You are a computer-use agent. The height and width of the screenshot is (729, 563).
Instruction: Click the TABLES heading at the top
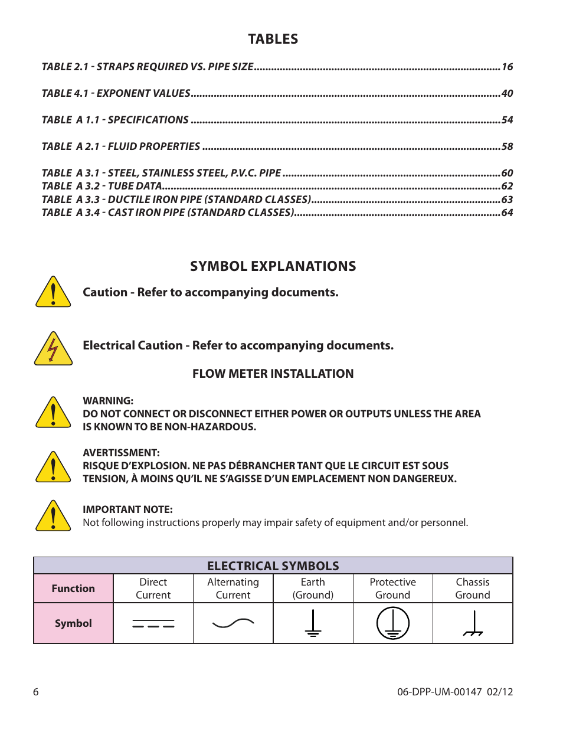tap(273, 39)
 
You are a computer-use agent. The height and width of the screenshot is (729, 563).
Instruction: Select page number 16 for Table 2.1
tap(507, 67)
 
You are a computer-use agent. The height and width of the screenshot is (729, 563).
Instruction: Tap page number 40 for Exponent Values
tap(507, 93)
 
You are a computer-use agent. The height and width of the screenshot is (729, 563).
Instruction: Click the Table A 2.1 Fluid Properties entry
tap(121, 146)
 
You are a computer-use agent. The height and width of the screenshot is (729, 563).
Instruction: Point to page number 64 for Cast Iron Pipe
tap(507, 213)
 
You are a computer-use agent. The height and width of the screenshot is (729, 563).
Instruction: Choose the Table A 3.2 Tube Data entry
tap(102, 186)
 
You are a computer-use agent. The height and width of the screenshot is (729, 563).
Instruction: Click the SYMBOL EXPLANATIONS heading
tap(273, 266)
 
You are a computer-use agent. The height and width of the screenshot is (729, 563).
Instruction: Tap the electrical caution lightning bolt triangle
tap(53, 349)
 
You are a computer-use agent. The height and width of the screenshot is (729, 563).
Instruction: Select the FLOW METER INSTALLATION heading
tap(273, 374)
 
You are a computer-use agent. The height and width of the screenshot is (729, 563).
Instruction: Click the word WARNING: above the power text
tap(108, 401)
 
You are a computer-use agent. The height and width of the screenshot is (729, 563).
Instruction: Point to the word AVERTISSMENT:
tap(121, 453)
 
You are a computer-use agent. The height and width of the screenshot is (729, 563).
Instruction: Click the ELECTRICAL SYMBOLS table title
tap(273, 566)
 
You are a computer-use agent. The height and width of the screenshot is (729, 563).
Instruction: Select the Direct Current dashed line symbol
tap(153, 624)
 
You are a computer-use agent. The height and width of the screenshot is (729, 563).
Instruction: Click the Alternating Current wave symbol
tap(233, 623)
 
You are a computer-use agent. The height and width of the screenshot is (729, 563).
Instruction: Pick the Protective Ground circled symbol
tap(393, 623)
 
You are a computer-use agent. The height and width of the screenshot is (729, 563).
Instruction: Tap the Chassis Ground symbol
tap(473, 624)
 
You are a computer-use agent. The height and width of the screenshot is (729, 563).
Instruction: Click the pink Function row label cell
tap(73, 589)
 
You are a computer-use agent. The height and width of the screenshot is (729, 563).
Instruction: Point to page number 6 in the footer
tap(36, 692)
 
